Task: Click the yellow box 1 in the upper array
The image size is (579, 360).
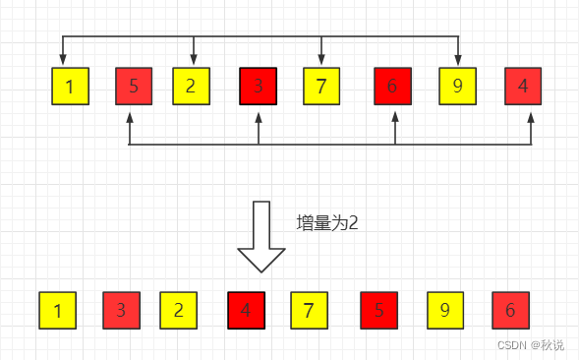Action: (x=69, y=86)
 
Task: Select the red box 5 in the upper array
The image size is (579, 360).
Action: (x=133, y=86)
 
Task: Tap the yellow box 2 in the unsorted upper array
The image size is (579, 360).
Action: (x=193, y=86)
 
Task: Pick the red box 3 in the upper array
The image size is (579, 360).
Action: (x=259, y=86)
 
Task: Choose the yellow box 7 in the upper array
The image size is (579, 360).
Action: (x=321, y=86)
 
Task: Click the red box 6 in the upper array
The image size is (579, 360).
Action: (x=393, y=86)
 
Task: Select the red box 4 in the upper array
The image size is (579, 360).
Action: (x=523, y=86)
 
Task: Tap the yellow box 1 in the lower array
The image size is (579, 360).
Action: (x=58, y=311)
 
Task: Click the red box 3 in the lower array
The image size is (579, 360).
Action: (x=121, y=311)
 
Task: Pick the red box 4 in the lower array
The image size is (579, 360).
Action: (x=247, y=311)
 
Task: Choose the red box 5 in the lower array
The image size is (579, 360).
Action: (x=379, y=311)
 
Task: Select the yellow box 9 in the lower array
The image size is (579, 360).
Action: (x=445, y=311)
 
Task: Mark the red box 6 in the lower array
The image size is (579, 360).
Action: (x=510, y=311)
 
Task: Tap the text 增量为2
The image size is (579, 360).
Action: (x=327, y=223)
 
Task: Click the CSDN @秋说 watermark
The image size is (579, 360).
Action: (x=531, y=345)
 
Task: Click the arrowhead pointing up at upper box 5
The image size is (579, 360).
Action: (x=130, y=114)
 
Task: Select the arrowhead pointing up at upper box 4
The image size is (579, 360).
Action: (x=531, y=114)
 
